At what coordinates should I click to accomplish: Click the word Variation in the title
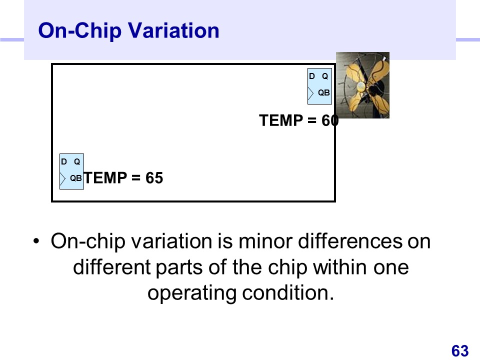pos(173,30)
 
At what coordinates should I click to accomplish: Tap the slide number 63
pos(460,351)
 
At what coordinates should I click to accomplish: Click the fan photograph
pos(363,85)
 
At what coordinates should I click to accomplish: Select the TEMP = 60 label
pos(299,120)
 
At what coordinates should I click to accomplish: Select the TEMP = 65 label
pos(123,178)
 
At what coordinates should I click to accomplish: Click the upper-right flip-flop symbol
pos(319,86)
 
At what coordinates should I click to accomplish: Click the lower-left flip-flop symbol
pos(71,171)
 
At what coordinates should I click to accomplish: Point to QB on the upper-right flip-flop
pos(324,92)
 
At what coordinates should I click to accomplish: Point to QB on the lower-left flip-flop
pos(76,178)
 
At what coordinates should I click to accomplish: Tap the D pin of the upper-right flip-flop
pos(312,76)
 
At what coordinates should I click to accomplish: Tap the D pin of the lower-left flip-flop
pos(64,161)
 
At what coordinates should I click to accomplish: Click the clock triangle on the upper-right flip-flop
pos(310,93)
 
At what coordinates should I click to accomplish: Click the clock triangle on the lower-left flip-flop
pos(63,179)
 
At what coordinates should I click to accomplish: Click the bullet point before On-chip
pos(36,241)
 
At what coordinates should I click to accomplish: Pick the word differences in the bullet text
pos(350,241)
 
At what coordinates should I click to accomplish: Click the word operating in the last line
pos(192,293)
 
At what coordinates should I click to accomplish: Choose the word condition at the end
pos(288,292)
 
